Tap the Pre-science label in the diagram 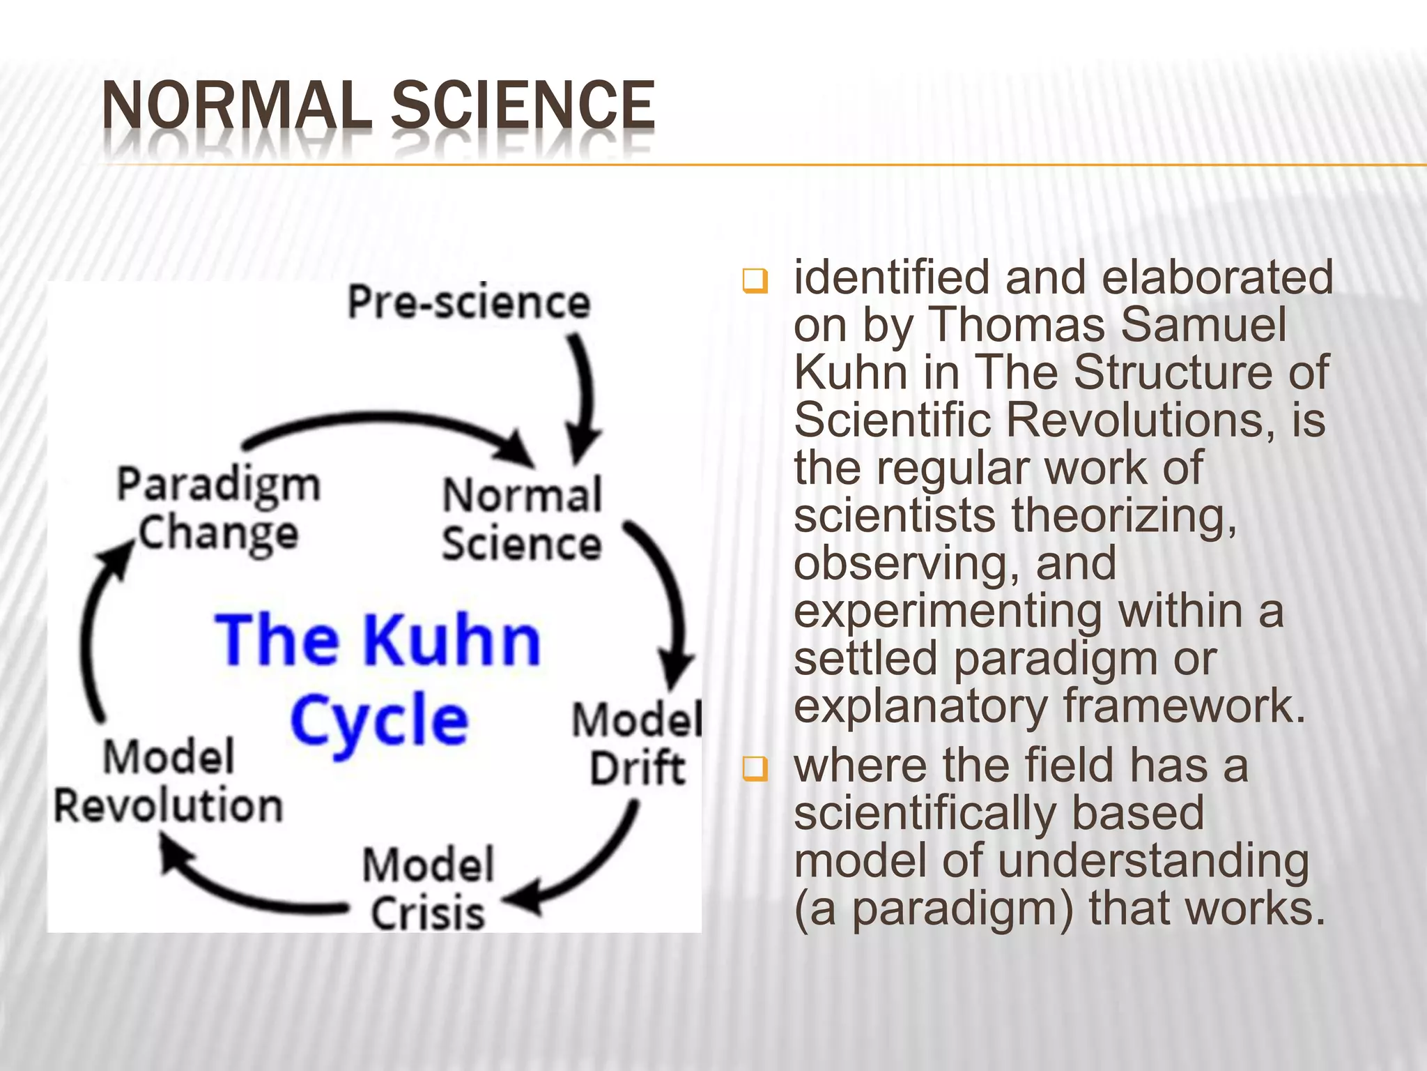point(468,303)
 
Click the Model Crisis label point(428,888)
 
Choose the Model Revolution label point(169,782)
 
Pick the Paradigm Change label point(217,508)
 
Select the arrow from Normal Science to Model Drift point(666,600)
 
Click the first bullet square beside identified point(754,282)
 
